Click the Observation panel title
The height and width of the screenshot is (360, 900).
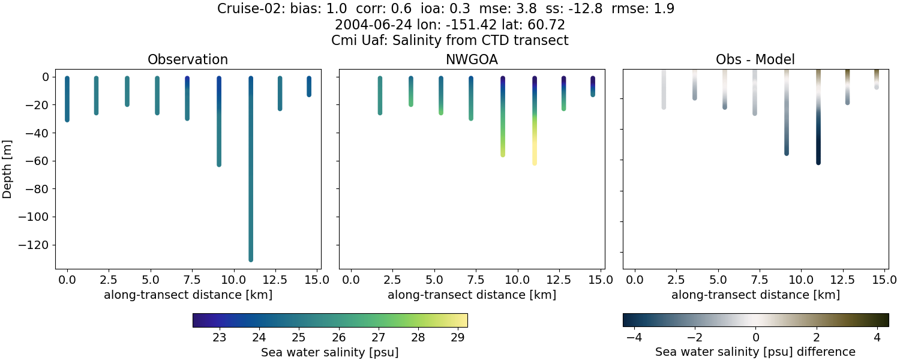(188, 59)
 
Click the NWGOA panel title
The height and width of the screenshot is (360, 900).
(472, 59)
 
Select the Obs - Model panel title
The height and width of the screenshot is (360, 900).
(755, 59)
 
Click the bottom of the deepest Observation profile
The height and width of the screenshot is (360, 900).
(251, 259)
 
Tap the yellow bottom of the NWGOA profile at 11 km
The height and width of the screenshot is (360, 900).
(535, 162)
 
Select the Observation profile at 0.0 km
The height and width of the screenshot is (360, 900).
(67, 99)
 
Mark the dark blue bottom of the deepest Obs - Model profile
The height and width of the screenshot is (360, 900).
(818, 161)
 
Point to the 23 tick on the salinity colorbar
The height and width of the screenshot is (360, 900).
(220, 337)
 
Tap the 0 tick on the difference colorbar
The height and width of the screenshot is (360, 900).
(756, 337)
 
